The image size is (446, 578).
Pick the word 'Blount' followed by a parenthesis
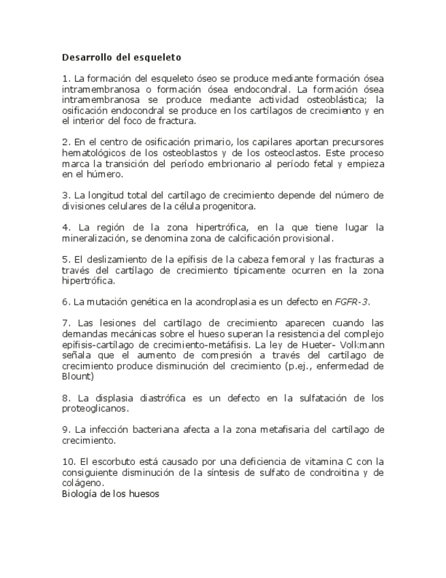76,376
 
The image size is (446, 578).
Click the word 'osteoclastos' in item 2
272,154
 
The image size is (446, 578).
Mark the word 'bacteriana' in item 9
154,429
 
